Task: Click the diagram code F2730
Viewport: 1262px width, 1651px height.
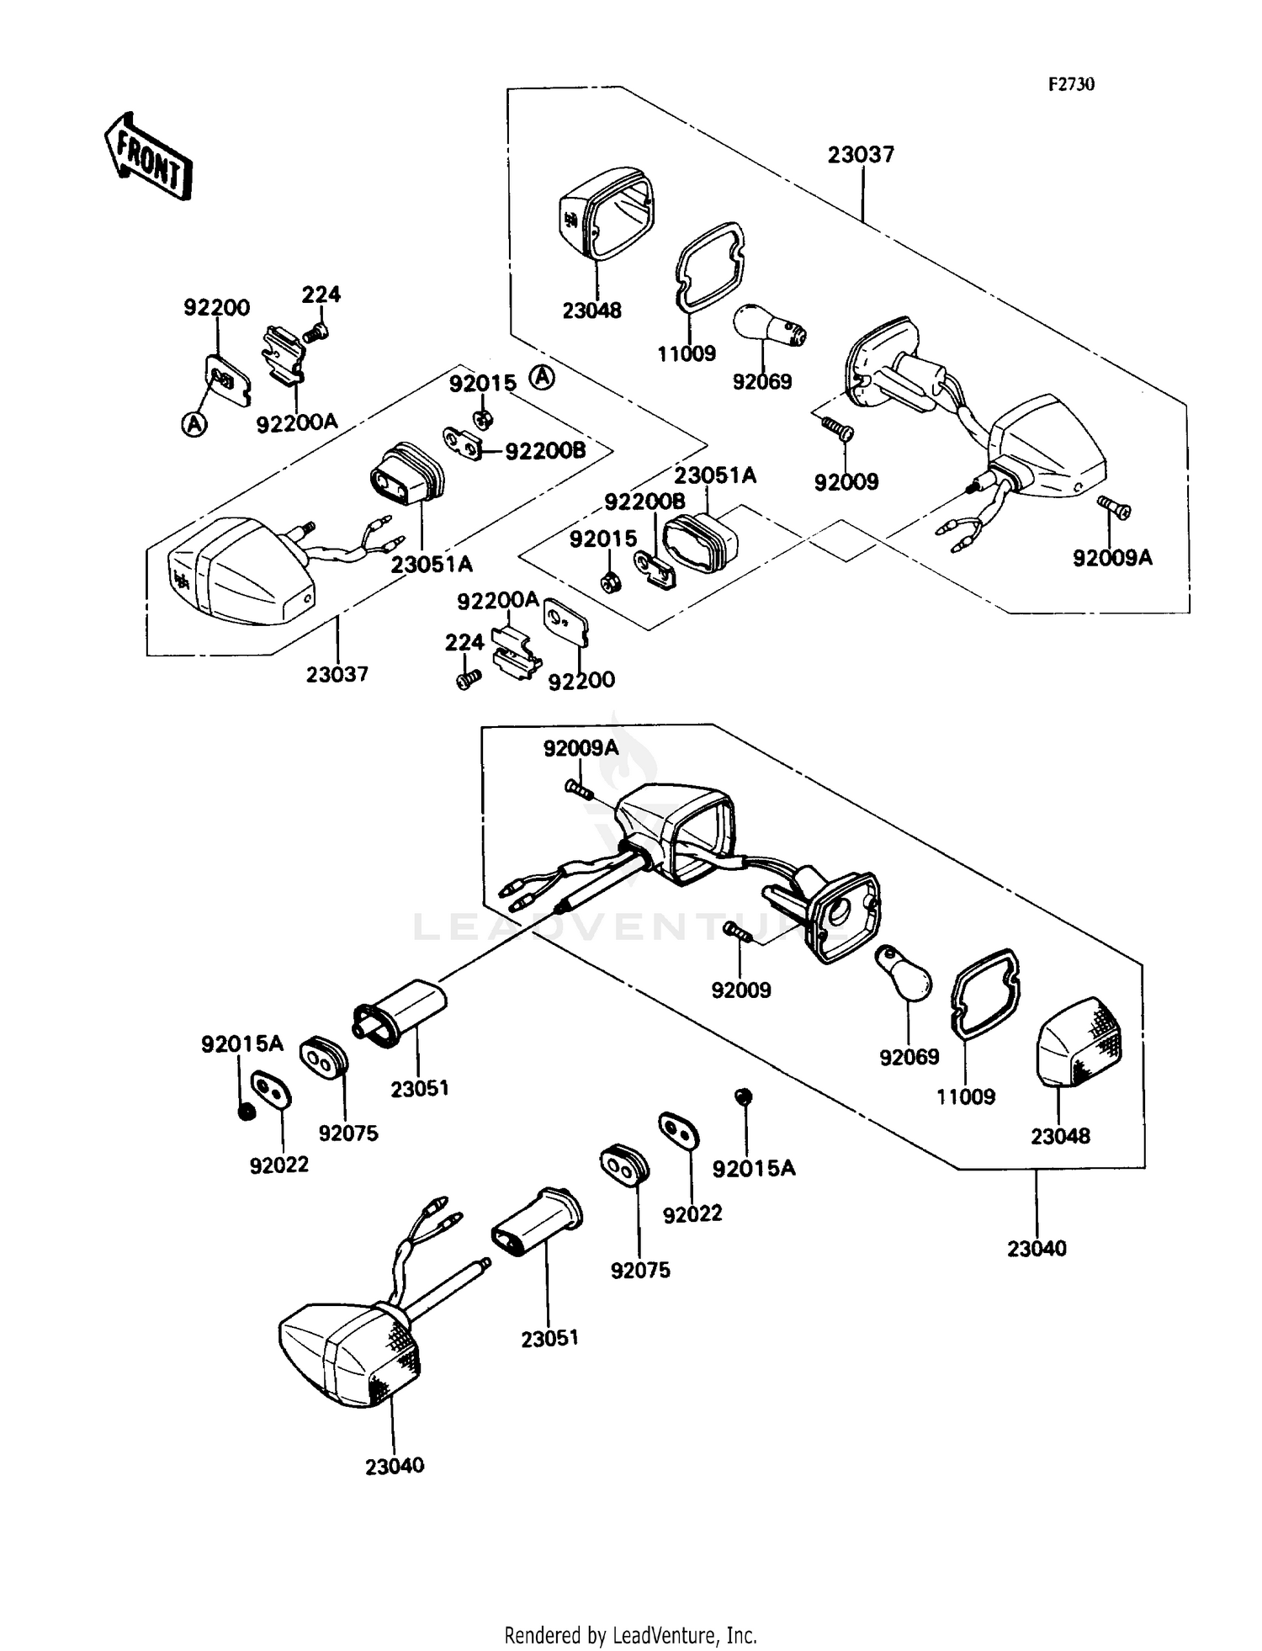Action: [x=1071, y=84]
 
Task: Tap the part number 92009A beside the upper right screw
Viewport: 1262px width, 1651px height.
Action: [x=1112, y=557]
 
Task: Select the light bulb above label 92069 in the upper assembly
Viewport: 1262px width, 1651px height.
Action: [x=769, y=328]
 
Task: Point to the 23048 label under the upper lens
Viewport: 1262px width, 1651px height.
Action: [x=592, y=311]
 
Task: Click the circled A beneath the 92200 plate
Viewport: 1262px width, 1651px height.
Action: [x=194, y=425]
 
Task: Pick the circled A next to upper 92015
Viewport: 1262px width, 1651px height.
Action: [x=543, y=379]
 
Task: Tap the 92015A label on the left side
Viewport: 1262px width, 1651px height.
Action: [x=242, y=1044]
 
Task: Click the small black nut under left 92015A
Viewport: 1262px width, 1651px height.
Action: [x=247, y=1112]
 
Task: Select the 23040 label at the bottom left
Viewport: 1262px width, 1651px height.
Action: [x=395, y=1465]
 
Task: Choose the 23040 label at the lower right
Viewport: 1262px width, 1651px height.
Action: [x=1037, y=1249]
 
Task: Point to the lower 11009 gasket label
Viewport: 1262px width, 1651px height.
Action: [x=966, y=1096]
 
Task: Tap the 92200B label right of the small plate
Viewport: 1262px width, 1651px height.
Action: [x=545, y=451]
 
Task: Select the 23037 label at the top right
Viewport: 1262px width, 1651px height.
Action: [x=861, y=155]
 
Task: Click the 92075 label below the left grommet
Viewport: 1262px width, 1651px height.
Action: [x=348, y=1133]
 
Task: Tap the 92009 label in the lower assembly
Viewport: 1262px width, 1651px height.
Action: [x=741, y=990]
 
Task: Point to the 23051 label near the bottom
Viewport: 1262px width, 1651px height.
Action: [x=550, y=1338]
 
